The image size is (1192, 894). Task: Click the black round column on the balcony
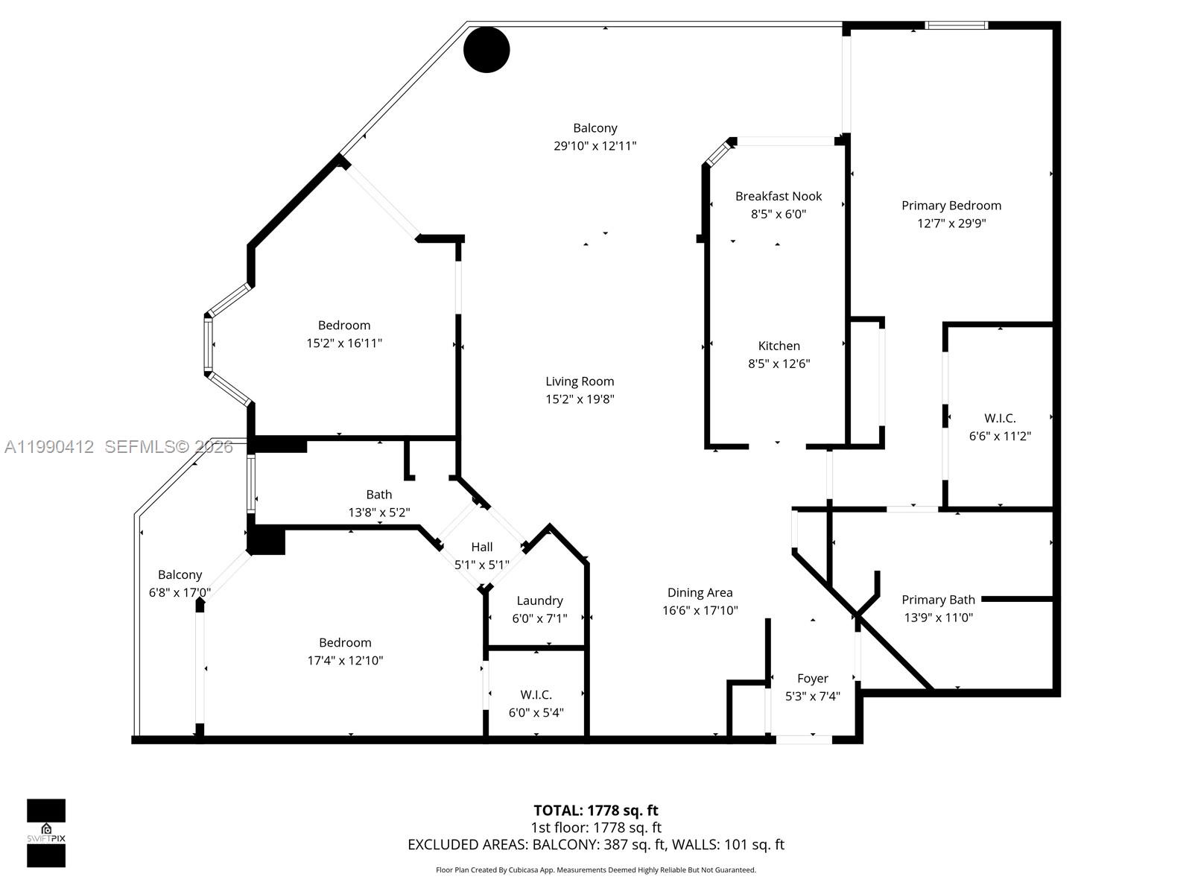[486, 50]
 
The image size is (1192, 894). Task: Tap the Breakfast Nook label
[779, 196]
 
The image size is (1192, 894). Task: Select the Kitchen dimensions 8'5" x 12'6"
[779, 364]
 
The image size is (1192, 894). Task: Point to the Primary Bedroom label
[951, 206]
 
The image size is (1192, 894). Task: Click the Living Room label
[580, 381]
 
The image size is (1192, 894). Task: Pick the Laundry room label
[539, 600]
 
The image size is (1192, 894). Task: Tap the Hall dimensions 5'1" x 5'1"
[482, 565]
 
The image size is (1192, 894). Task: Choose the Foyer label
[812, 679]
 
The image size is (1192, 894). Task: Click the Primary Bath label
[938, 600]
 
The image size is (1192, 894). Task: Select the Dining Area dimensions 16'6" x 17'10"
[700, 611]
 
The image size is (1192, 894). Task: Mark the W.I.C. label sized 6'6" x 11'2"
[1000, 419]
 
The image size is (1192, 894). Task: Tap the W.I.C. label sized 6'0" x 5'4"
[536, 695]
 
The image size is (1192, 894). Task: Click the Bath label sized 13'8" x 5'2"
[378, 495]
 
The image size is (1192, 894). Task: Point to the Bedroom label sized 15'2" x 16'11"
[343, 326]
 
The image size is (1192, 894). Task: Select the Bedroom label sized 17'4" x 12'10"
[345, 643]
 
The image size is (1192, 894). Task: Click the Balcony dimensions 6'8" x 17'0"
[180, 593]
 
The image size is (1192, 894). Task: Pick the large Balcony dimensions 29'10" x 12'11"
[595, 146]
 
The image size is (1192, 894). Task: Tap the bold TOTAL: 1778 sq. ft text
[595, 811]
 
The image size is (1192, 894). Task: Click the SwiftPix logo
[46, 833]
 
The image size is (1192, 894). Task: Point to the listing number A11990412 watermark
[49, 447]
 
